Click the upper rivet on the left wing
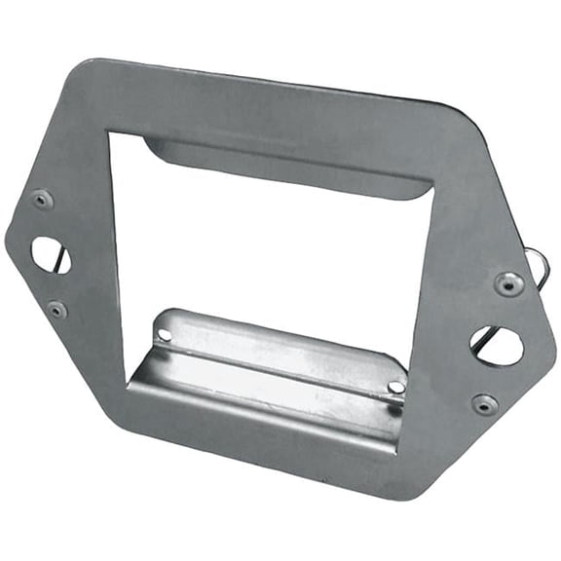pos(42,200)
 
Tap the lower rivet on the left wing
pos(57,310)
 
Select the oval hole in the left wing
pos(50,255)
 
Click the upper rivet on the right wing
pos(507,283)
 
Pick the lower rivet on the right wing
pos(484,403)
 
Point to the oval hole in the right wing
pos(498,345)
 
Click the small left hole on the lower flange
pos(165,335)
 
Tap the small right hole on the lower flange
pos(395,387)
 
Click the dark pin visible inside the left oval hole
pos(61,258)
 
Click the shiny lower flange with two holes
pos(273,370)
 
